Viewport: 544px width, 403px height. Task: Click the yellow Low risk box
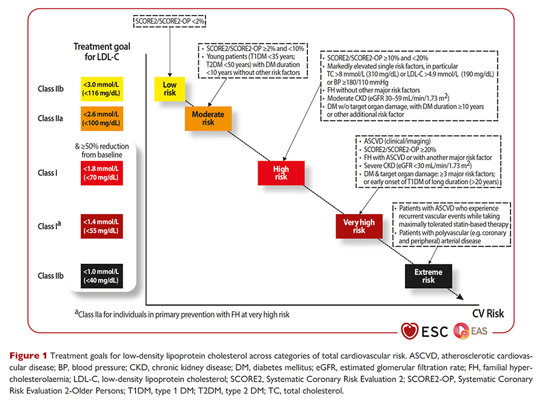[170, 89]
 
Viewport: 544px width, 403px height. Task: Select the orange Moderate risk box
[208, 119]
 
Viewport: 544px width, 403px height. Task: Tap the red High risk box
[281, 173]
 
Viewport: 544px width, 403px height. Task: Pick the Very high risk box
[359, 226]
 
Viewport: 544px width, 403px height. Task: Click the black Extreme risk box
[428, 276]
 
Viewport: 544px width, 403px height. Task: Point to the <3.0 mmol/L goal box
[102, 89]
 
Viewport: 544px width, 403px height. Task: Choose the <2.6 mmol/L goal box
[102, 119]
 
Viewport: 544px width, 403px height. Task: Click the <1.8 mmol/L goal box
[102, 173]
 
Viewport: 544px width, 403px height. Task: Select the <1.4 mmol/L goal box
[102, 226]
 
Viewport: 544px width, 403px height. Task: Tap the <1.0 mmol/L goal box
[102, 276]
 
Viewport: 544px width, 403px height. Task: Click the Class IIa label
[50, 119]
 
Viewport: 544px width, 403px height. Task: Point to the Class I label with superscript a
[49, 225]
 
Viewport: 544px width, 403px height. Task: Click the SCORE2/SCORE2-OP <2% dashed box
[170, 21]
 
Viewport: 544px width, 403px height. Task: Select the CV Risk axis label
[488, 314]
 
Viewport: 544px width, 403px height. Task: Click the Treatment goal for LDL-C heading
[102, 52]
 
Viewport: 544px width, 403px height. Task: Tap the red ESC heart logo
[409, 331]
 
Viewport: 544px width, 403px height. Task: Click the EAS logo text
[479, 331]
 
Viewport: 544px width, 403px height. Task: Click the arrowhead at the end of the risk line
[460, 296]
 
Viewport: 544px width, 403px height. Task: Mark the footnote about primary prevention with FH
[182, 314]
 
